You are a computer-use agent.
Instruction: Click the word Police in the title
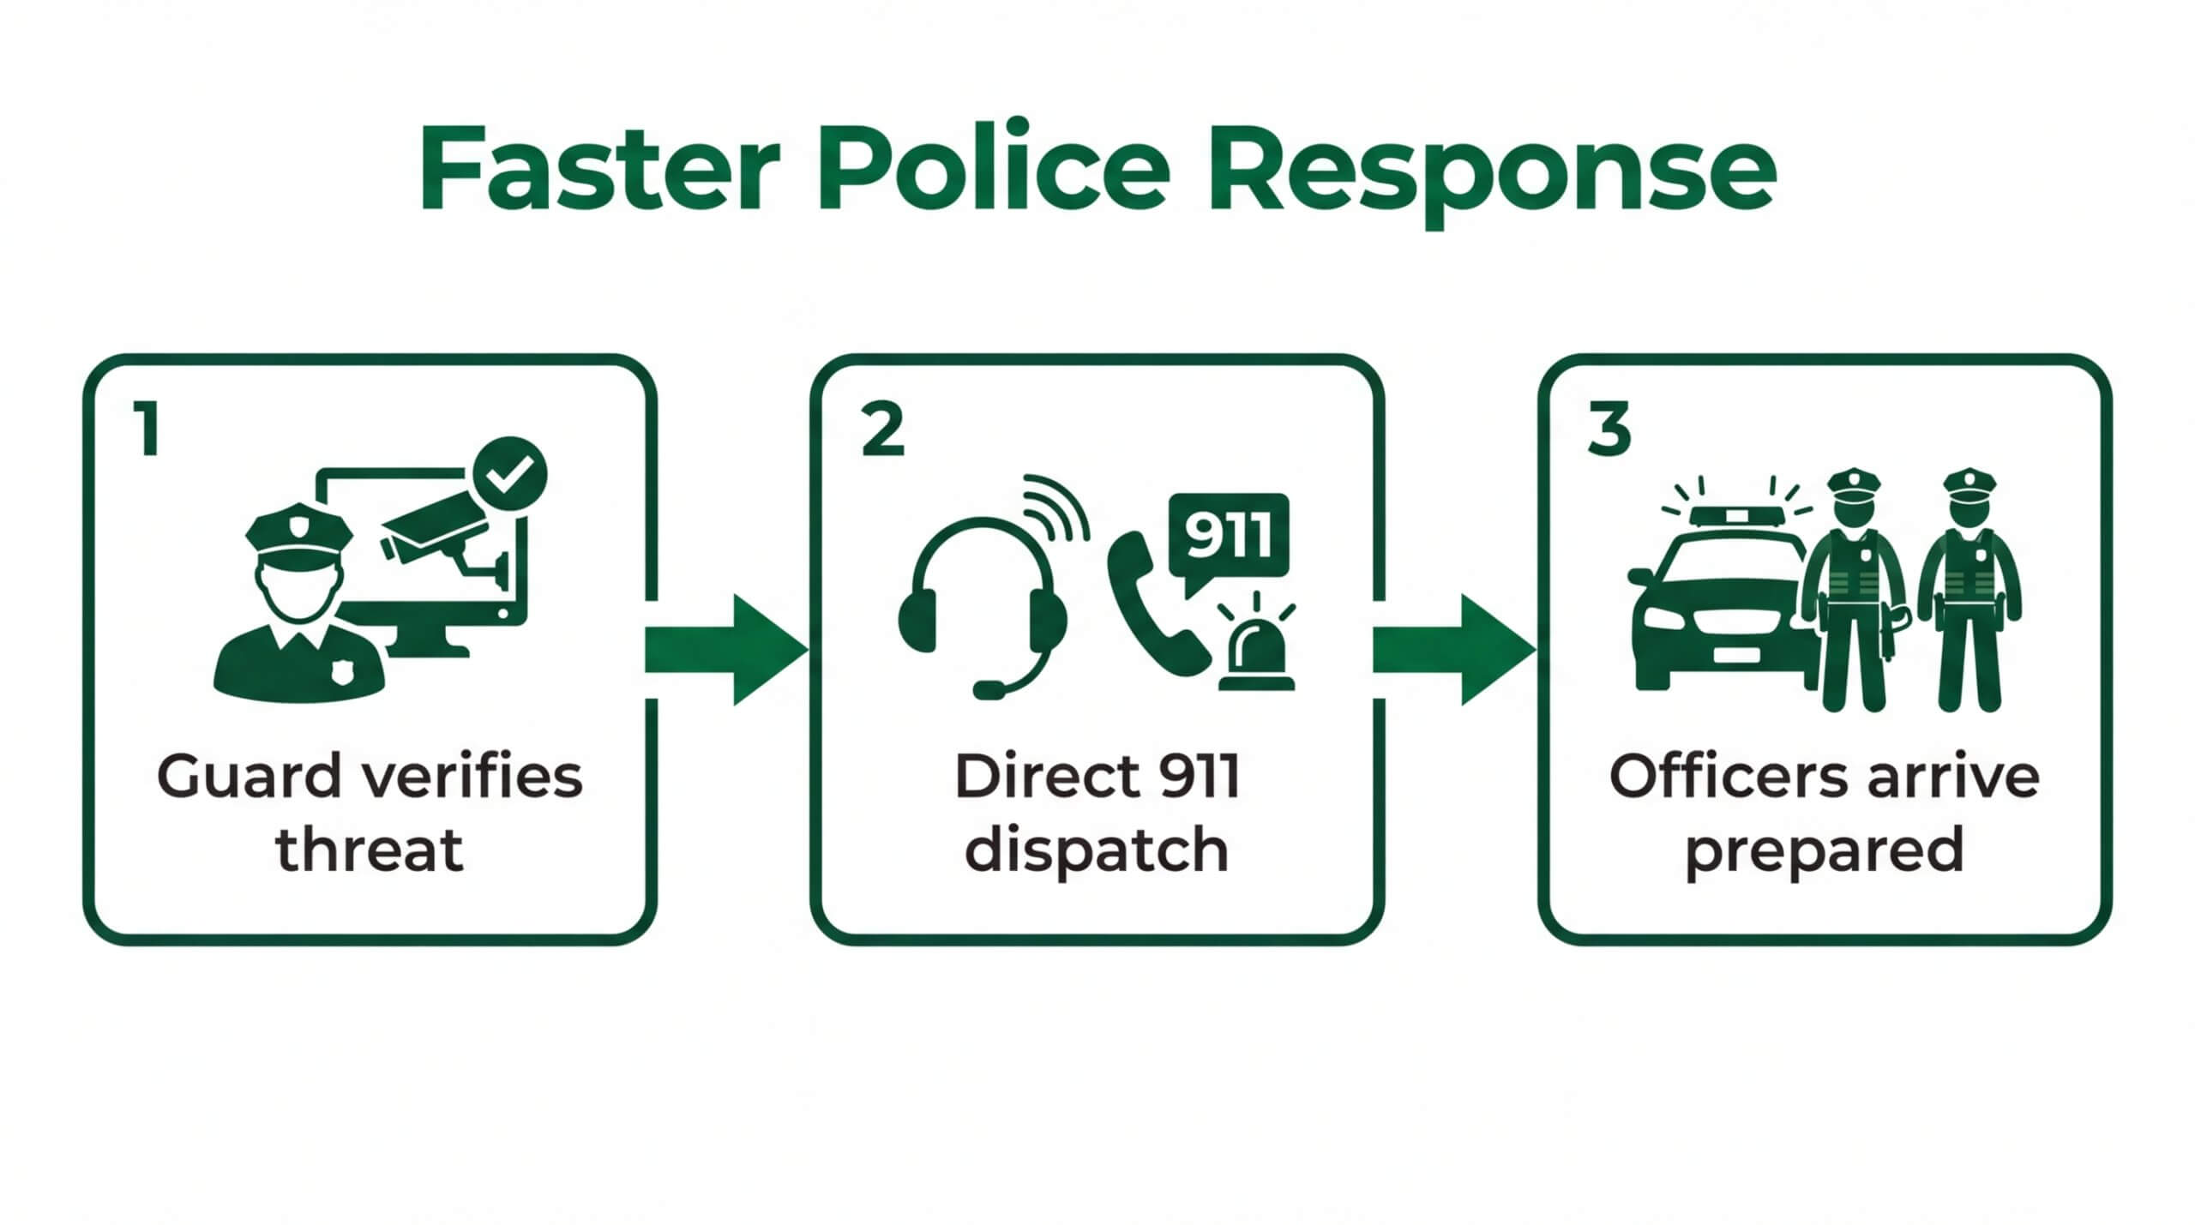[995, 171]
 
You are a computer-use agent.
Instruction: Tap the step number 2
[882, 430]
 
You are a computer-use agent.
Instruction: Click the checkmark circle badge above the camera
[510, 473]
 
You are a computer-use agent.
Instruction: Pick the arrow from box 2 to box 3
[1452, 650]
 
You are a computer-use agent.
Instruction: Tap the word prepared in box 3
[1824, 851]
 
